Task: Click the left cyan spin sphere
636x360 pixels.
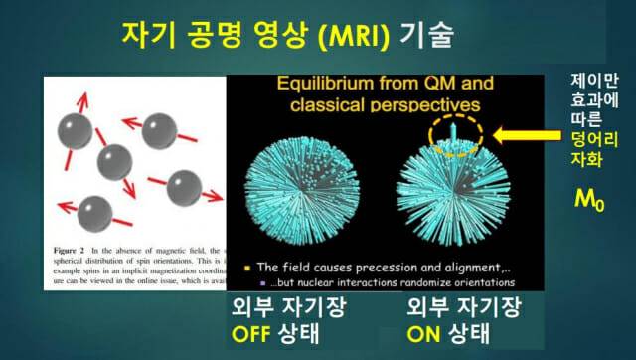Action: pyautogui.click(x=292, y=186)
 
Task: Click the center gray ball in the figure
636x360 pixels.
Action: pyautogui.click(x=115, y=159)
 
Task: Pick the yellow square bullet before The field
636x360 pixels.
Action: pyautogui.click(x=245, y=269)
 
